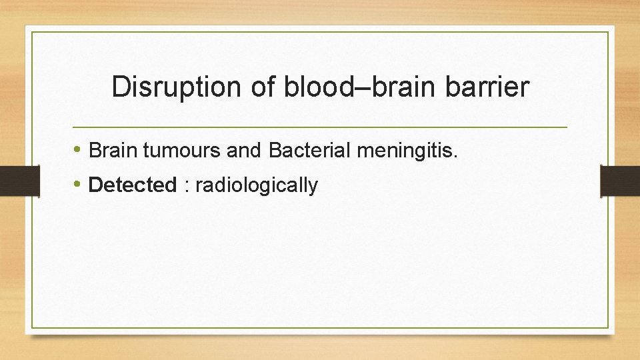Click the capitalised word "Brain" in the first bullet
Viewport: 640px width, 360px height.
tap(113, 151)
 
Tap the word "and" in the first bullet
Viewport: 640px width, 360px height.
tap(245, 151)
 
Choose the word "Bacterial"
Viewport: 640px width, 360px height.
tap(310, 151)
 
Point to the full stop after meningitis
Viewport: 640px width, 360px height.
tap(456, 157)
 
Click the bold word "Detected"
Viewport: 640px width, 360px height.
tap(132, 185)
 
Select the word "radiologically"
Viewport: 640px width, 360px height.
tap(257, 185)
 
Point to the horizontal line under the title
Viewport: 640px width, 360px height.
tap(319, 126)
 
